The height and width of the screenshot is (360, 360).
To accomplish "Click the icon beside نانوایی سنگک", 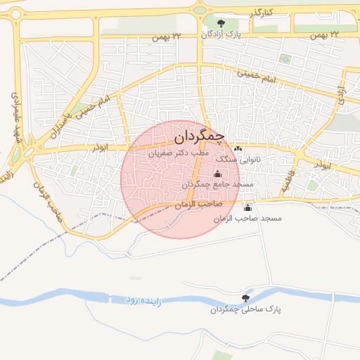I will (238, 148).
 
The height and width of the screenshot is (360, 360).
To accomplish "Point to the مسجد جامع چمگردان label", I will (217, 184).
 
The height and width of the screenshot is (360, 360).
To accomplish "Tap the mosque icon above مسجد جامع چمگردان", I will (217, 174).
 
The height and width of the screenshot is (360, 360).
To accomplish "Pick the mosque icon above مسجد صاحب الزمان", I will (247, 207).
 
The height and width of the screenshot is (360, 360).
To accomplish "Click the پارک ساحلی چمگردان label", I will (239, 309).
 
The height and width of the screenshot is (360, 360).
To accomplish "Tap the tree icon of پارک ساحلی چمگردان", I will (245, 298).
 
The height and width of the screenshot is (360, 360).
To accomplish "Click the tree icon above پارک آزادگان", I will (222, 23).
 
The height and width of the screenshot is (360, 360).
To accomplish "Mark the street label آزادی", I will (342, 95).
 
